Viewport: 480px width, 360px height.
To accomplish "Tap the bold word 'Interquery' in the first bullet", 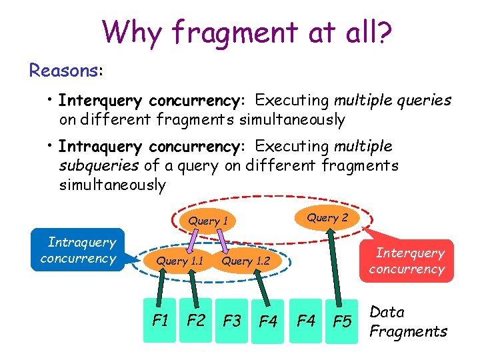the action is point(100,101).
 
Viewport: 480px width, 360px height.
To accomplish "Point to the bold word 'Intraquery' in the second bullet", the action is point(100,146).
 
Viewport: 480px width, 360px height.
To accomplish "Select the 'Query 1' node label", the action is point(208,221).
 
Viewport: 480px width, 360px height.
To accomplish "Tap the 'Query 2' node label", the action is point(327,217).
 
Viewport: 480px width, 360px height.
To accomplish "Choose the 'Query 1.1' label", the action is point(179,261).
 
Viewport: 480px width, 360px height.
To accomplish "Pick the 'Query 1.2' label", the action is point(245,261).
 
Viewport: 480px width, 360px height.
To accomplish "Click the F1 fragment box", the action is point(160,320).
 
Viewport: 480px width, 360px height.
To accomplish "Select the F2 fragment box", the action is point(196,320).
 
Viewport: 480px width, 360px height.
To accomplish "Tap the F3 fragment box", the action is point(232,321).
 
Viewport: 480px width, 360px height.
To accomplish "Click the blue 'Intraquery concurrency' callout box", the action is point(78,250).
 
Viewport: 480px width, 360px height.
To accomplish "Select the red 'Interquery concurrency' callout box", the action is point(407,261).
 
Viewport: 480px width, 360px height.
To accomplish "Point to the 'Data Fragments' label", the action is point(408,321).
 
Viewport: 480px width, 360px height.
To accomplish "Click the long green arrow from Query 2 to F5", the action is point(338,267).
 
